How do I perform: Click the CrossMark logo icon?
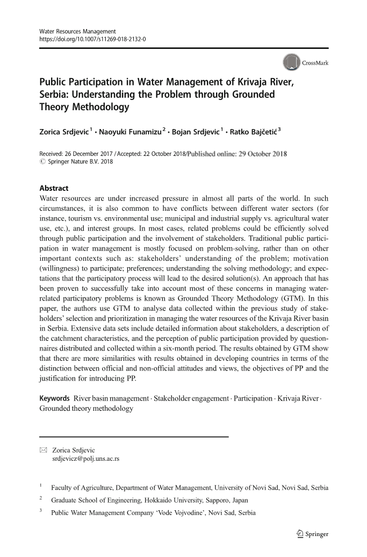291,62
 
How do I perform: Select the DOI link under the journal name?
92,40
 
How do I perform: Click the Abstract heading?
54,188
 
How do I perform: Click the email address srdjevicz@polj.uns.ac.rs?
85,459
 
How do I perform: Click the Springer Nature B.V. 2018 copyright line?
81,162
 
